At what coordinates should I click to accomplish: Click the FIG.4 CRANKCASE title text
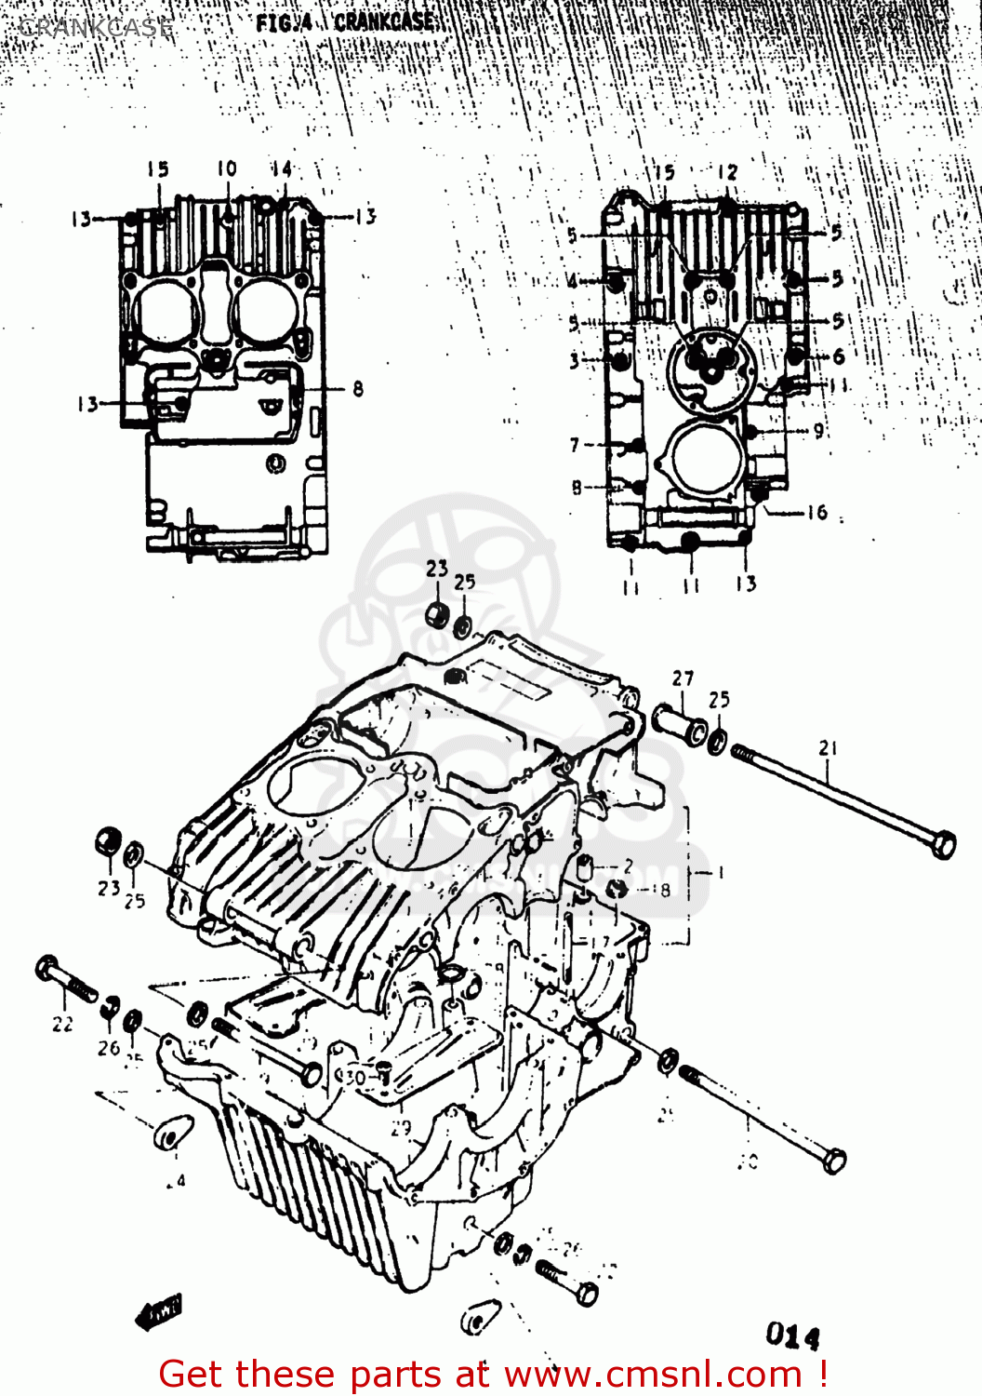[345, 22]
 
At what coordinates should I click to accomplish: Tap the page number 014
[792, 1336]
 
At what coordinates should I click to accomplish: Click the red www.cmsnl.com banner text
[493, 1374]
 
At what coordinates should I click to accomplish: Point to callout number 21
[828, 747]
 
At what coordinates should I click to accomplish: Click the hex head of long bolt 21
[942, 844]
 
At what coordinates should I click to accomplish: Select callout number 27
[683, 678]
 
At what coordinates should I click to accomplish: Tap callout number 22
[62, 1024]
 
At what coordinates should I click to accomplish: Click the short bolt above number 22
[65, 979]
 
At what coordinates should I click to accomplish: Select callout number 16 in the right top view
[816, 512]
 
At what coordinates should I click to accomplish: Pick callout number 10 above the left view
[227, 168]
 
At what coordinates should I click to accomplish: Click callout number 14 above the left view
[281, 168]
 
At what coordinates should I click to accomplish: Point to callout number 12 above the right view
[727, 172]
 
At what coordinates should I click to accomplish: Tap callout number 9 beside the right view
[818, 430]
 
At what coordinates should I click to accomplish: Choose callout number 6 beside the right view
[838, 356]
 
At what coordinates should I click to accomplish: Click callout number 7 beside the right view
[575, 445]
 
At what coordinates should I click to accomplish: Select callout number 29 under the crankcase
[400, 1128]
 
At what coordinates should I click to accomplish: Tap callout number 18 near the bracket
[661, 890]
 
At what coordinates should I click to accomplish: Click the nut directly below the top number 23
[436, 614]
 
